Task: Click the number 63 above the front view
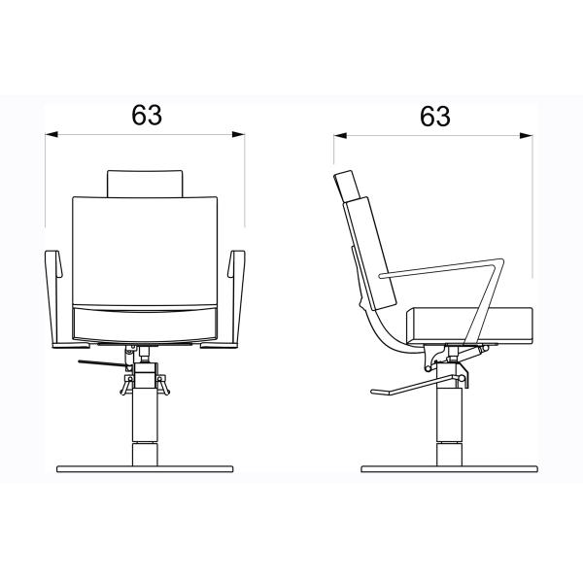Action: pyautogui.click(x=147, y=115)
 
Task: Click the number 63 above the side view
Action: pyautogui.click(x=435, y=116)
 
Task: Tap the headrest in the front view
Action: pyautogui.click(x=145, y=184)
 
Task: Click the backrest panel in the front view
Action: pyautogui.click(x=145, y=251)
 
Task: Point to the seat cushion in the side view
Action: pyautogui.click(x=469, y=326)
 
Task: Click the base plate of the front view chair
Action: pyautogui.click(x=145, y=469)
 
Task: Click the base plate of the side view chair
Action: pyautogui.click(x=449, y=469)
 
